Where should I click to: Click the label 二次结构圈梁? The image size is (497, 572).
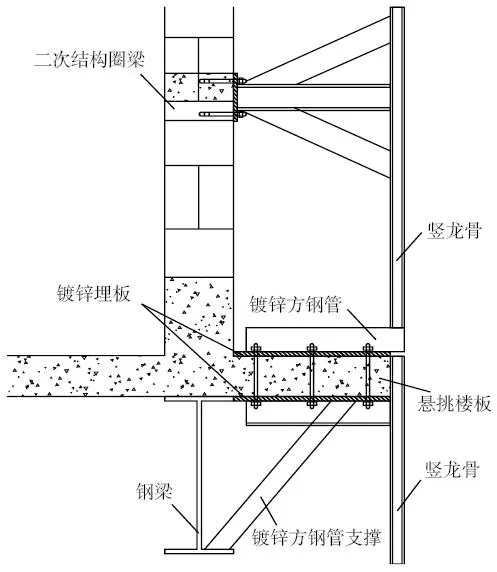(x=90, y=59)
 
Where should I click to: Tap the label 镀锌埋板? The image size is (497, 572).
(x=93, y=293)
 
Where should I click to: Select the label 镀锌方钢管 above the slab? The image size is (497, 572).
(x=296, y=304)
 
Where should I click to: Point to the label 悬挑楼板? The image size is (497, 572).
(x=454, y=404)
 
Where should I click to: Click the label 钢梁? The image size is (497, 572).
(x=154, y=491)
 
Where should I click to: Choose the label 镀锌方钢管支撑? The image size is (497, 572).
(x=316, y=537)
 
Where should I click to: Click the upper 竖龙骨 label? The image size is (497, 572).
(x=455, y=231)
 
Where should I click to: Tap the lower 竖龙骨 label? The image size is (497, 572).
(x=452, y=469)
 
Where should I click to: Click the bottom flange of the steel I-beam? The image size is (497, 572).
(x=199, y=551)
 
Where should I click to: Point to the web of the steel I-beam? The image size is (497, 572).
(x=199, y=474)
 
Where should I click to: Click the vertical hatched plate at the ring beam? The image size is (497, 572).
(x=235, y=97)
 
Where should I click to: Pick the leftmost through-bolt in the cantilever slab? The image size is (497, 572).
(x=255, y=375)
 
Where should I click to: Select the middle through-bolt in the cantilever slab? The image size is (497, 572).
(x=311, y=375)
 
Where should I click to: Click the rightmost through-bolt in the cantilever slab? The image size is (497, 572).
(x=367, y=375)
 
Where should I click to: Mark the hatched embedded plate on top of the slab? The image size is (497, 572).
(x=312, y=354)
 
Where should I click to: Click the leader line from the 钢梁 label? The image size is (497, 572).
(x=186, y=518)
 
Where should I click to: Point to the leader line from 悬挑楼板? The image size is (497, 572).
(x=401, y=384)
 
